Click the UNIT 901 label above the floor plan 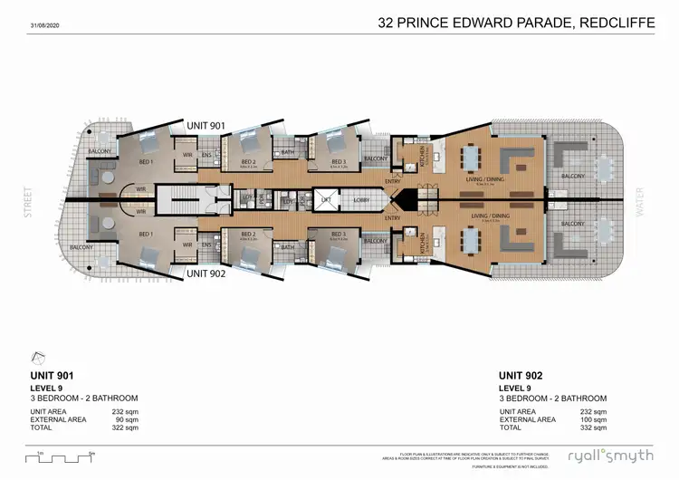point(206,125)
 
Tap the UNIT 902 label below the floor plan point(206,273)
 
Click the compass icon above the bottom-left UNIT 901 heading point(39,358)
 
